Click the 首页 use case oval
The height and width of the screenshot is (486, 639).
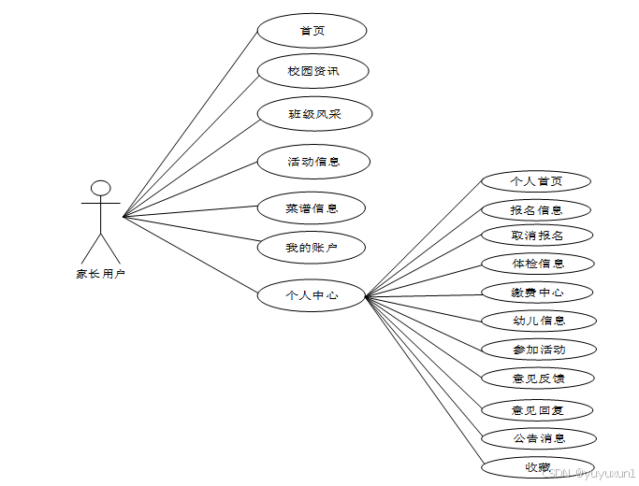click(x=312, y=31)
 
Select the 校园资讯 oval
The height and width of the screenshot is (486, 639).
click(x=313, y=71)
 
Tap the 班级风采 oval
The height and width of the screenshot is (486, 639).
click(x=314, y=114)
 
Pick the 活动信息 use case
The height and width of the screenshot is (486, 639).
click(x=313, y=162)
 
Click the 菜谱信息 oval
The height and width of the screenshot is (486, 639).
click(x=312, y=207)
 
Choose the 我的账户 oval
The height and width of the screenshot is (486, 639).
click(x=312, y=248)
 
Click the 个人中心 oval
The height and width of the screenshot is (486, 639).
click(x=312, y=296)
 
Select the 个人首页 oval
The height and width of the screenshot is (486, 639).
click(x=537, y=180)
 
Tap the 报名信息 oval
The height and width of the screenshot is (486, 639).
click(x=537, y=209)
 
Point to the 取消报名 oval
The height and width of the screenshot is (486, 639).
click(x=537, y=235)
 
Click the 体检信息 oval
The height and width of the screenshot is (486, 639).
click(x=537, y=264)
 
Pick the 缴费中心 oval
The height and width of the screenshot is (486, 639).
click(x=537, y=293)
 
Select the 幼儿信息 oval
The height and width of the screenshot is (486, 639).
click(x=537, y=321)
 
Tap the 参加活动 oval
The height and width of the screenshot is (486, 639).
click(x=537, y=350)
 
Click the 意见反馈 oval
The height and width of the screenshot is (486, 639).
click(x=537, y=379)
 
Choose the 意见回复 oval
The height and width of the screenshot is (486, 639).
click(x=537, y=409)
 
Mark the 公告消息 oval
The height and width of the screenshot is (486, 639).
click(x=537, y=437)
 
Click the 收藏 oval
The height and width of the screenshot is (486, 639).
click(x=537, y=465)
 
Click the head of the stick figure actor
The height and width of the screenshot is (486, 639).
click(x=101, y=188)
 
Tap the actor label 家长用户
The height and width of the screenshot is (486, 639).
click(x=100, y=274)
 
